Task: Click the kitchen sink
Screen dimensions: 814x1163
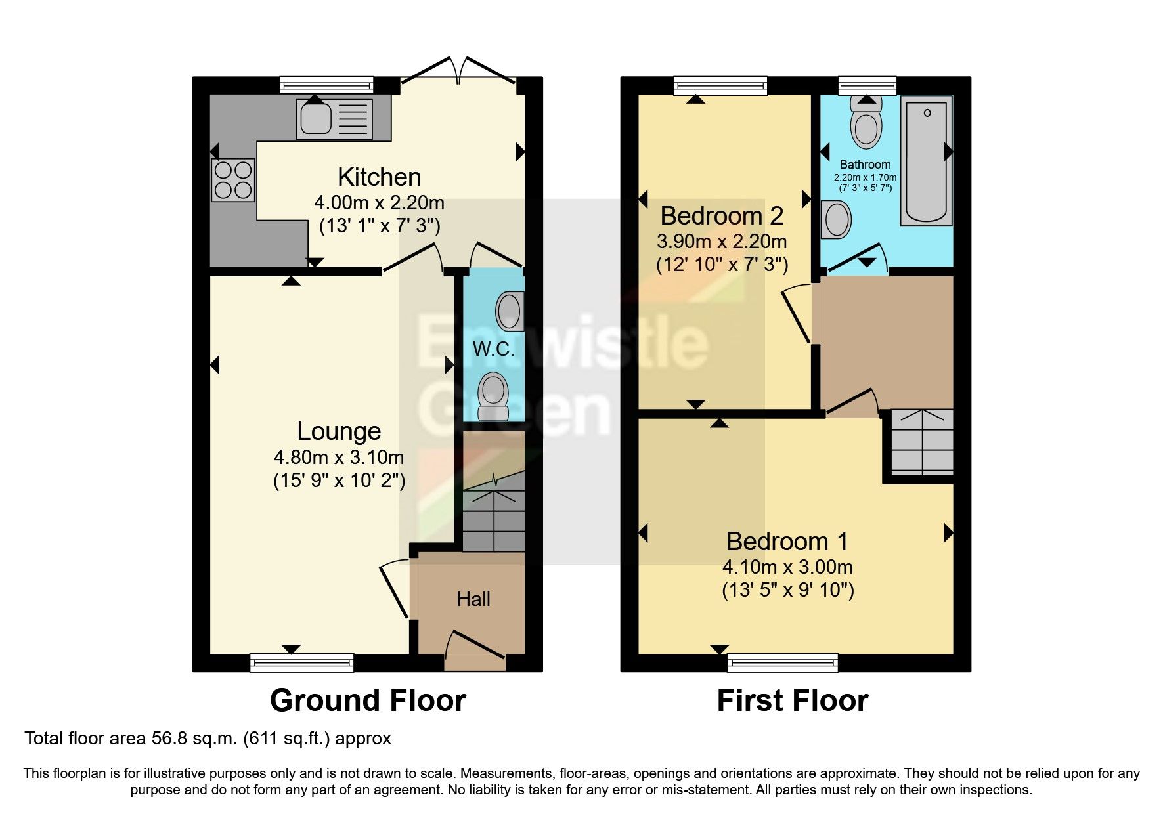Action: [x=334, y=118]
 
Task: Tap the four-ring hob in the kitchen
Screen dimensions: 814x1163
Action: [x=233, y=180]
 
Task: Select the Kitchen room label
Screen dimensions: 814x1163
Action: [x=379, y=177]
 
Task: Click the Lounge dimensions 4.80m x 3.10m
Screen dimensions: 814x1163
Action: [x=339, y=457]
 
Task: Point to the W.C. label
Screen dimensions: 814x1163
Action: [x=493, y=349]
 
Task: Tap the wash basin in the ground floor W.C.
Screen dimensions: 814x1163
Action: [x=509, y=309]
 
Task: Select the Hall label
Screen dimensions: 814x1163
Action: [x=473, y=599]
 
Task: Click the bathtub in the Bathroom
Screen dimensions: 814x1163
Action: [x=926, y=161]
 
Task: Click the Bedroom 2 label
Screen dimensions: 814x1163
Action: [x=721, y=215]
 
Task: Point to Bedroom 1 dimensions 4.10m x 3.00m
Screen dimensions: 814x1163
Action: [x=787, y=567]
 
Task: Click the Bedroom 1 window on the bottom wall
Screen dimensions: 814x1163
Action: [x=783, y=662]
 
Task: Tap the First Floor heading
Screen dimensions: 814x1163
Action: [x=792, y=700]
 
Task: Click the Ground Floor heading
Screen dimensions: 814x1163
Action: [x=368, y=700]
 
